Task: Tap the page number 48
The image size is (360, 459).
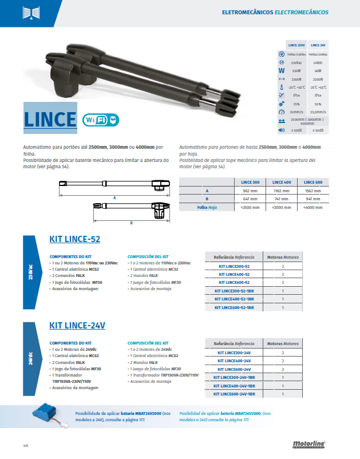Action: [x=26, y=445]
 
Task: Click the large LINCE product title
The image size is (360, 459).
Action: [x=50, y=119]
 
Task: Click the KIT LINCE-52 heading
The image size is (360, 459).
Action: [x=74, y=239]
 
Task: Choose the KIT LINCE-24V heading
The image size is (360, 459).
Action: [x=77, y=325]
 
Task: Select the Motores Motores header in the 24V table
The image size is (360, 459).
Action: [x=283, y=343]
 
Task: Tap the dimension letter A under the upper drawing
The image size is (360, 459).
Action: [x=114, y=196]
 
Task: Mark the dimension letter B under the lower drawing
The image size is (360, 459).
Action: [x=131, y=223]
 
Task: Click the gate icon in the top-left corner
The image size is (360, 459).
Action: [x=29, y=13]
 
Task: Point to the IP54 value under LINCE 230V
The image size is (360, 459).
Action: [x=296, y=95]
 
